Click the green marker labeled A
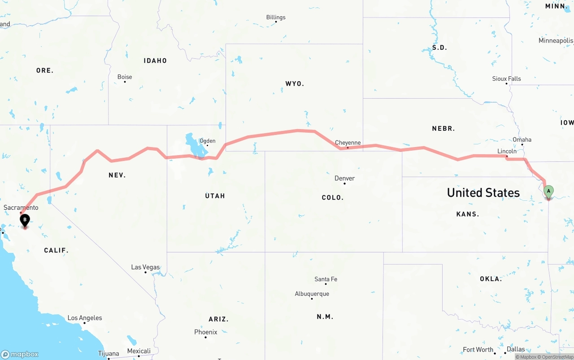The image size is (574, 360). pos(548,191)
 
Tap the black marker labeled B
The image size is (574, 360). pos(25,220)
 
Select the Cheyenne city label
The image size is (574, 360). pos(348,143)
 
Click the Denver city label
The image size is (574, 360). pos(344,178)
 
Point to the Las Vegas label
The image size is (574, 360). pos(145,267)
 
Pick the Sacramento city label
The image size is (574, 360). pos(21,208)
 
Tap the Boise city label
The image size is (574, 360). pos(125,77)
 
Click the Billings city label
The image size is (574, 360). pos(276,17)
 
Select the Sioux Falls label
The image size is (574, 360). pos(507,79)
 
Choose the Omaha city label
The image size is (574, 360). pos(522,139)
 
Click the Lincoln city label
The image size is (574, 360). pos(507,151)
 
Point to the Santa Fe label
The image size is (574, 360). pos(326,279)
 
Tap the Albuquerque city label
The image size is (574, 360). pos(312,294)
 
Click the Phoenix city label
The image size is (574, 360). pos(206,332)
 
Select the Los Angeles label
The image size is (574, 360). pos(85,318)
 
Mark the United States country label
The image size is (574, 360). pos(483,193)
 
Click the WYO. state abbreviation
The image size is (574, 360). pos(295,84)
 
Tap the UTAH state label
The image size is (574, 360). pos(215,196)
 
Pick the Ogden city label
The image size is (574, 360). pos(207,141)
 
